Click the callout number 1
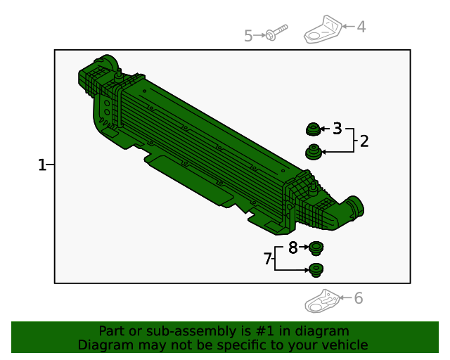click(42, 165)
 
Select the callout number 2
click(364, 141)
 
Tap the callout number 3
click(337, 129)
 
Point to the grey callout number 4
click(361, 27)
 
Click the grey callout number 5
click(248, 36)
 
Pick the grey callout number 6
click(359, 298)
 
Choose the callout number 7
click(267, 258)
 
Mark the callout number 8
click(292, 247)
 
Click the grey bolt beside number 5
click(276, 32)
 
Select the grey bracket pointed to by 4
click(323, 30)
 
